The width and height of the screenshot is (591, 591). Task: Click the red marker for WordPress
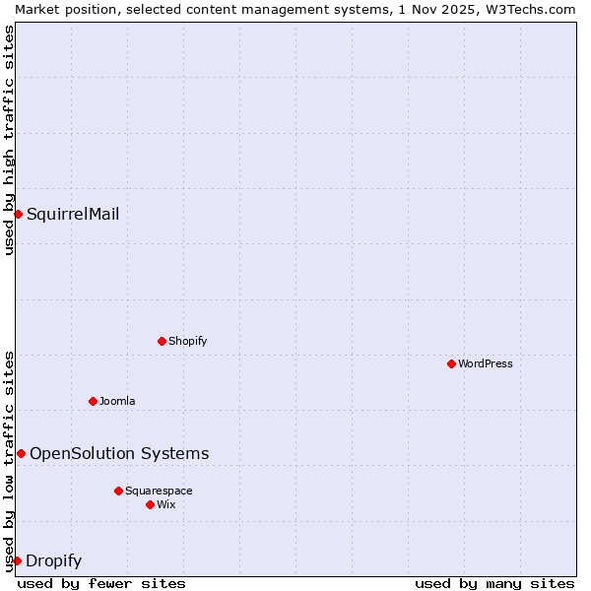(451, 363)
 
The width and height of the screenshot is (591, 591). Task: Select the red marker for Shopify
(162, 341)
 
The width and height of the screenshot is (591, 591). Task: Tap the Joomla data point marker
(93, 401)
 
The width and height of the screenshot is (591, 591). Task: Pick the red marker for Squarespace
(118, 491)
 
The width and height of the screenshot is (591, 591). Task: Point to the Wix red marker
(150, 504)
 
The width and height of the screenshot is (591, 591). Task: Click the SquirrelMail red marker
(18, 214)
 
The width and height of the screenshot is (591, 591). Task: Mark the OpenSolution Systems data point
(21, 453)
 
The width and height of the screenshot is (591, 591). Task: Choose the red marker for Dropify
(17, 560)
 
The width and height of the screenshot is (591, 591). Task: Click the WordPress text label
(486, 363)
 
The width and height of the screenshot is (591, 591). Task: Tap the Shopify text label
(187, 341)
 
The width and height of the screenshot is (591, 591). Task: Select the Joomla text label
(117, 401)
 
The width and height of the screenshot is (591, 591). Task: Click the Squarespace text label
(159, 491)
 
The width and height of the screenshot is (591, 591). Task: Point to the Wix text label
(166, 504)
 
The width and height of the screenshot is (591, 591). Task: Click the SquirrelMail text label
(73, 214)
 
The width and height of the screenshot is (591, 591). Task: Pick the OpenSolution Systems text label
(119, 453)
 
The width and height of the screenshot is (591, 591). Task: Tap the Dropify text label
(53, 561)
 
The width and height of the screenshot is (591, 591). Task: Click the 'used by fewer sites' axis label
(101, 583)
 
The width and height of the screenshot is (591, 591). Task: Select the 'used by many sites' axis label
(494, 583)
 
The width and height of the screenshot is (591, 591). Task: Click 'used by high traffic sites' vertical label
(9, 140)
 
